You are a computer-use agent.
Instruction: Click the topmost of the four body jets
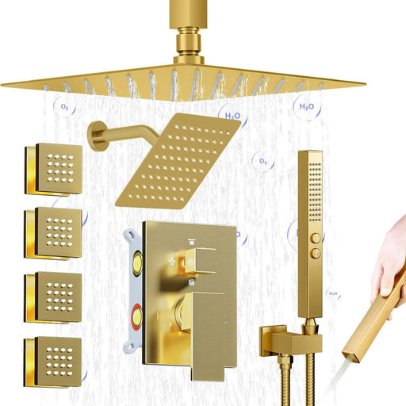(54, 169)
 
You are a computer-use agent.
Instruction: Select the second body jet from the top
(53, 233)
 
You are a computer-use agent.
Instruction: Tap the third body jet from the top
(53, 298)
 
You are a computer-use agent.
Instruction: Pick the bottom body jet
(53, 362)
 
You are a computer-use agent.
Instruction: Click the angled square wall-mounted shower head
(178, 161)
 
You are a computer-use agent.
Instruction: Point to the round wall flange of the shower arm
(95, 136)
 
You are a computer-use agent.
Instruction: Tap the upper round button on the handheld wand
(316, 238)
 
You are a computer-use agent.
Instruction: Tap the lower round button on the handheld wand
(316, 254)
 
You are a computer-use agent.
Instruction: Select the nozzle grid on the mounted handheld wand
(316, 192)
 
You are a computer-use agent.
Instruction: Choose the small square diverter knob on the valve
(200, 261)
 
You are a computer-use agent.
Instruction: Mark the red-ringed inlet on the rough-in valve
(137, 316)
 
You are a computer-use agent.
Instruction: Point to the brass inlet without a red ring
(137, 263)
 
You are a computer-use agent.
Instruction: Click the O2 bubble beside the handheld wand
(262, 161)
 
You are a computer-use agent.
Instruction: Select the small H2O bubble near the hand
(333, 293)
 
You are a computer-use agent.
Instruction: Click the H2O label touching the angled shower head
(232, 116)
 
